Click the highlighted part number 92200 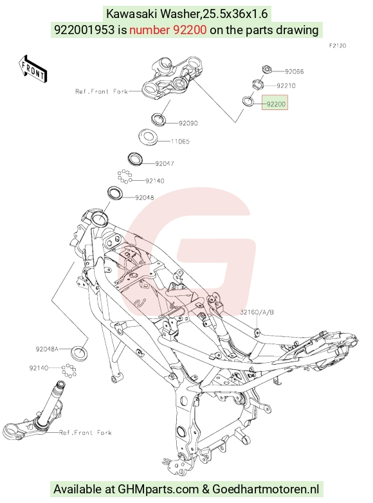tap(276, 104)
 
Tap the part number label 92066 tap(295, 71)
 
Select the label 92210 tap(286, 86)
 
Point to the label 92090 tap(188, 123)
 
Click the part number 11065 tap(180, 141)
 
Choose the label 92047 tap(165, 163)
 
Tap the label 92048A tap(47, 349)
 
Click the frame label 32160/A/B tap(257, 312)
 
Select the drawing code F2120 tap(338, 46)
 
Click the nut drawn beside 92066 tap(266, 69)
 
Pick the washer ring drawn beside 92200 tap(248, 101)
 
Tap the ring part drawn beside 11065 tap(148, 136)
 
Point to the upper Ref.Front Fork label tap(102, 91)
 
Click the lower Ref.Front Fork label tap(86, 433)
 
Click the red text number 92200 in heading tap(168, 30)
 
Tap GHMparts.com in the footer tap(158, 489)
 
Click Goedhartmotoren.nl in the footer tap(266, 489)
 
